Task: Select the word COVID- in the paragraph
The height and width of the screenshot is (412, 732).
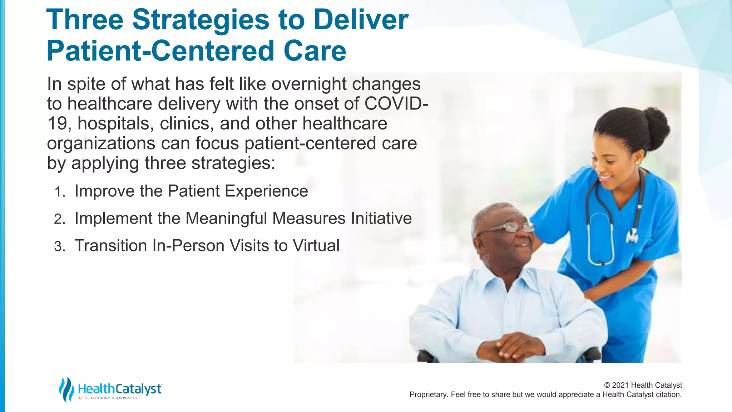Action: (396, 104)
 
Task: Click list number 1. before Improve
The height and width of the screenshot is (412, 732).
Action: (60, 192)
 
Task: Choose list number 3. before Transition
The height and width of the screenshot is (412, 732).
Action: (60, 247)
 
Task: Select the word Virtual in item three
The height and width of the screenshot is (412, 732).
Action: (316, 246)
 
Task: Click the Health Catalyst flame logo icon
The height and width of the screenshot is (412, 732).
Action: (66, 389)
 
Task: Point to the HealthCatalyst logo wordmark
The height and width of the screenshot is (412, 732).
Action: (120, 389)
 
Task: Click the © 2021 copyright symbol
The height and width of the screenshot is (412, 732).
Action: (607, 385)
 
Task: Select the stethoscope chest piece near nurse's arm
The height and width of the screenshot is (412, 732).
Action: (632, 236)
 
